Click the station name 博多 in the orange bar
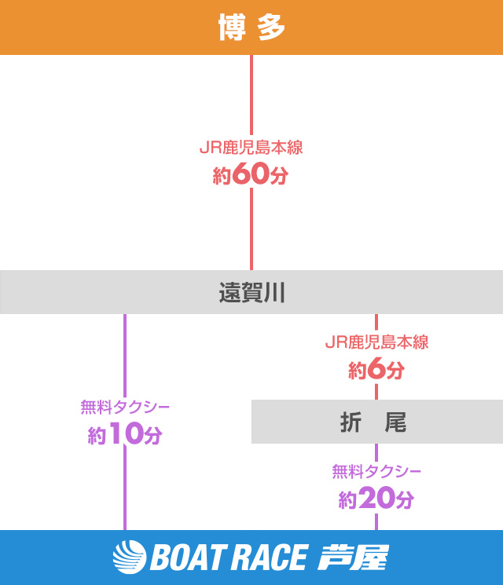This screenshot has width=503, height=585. (x=251, y=28)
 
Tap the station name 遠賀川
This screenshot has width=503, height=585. (x=251, y=294)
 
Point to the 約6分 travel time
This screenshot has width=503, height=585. (x=376, y=369)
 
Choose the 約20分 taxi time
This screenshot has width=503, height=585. (x=376, y=499)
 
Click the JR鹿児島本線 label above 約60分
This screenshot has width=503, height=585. (x=251, y=147)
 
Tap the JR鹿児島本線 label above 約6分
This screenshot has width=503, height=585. (x=376, y=342)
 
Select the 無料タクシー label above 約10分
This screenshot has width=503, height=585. (x=124, y=407)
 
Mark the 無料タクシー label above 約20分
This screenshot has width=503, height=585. (x=376, y=471)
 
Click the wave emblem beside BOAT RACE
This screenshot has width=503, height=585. (x=130, y=558)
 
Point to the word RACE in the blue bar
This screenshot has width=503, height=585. (x=267, y=558)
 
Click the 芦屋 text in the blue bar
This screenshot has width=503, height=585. (x=353, y=558)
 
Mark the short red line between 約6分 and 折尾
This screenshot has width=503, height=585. (x=376, y=391)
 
